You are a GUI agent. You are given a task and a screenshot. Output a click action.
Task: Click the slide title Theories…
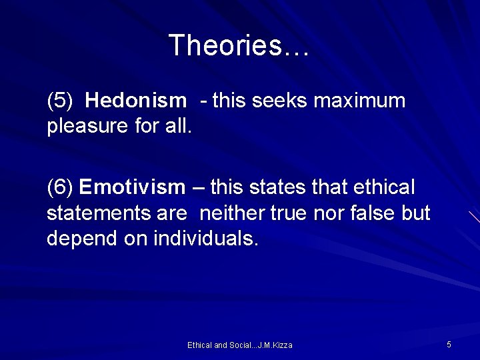(239, 46)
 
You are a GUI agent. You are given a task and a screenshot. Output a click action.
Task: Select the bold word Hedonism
(136, 101)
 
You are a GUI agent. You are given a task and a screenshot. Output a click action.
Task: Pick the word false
(373, 213)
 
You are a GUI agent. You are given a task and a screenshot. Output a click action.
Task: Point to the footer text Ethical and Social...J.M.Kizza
(239, 345)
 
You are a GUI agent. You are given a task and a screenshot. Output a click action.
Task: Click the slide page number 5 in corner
(449, 344)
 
